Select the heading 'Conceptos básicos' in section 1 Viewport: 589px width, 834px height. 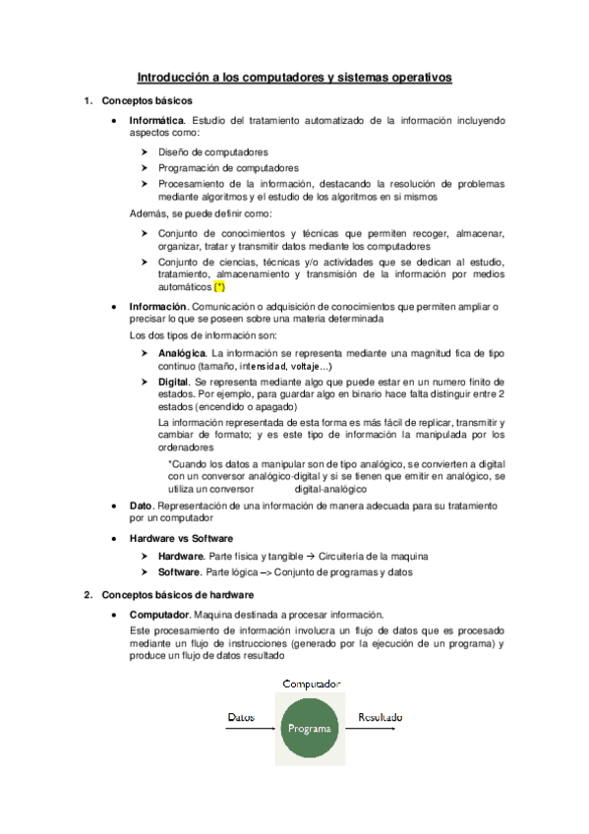(x=147, y=100)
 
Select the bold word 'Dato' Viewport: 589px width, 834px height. (x=141, y=506)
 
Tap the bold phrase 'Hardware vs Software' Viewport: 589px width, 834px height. (x=181, y=539)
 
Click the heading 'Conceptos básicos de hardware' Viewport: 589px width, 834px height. (x=178, y=595)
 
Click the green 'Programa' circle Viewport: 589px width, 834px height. (x=309, y=729)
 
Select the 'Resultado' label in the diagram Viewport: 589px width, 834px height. (x=380, y=718)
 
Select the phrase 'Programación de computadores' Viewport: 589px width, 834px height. (x=228, y=167)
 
